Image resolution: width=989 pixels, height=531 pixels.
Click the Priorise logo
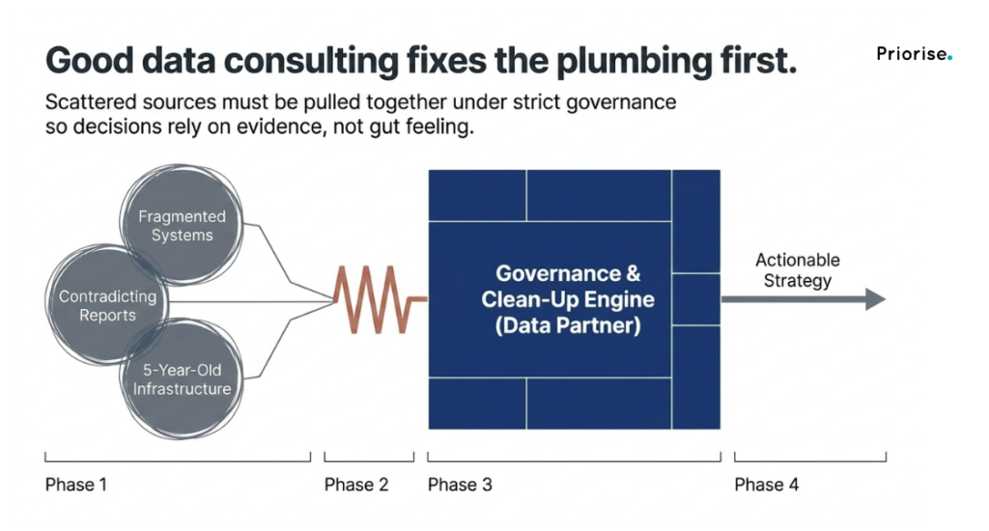(x=914, y=54)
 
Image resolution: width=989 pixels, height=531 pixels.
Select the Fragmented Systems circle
(x=182, y=225)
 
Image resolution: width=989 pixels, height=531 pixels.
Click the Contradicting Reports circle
(x=107, y=305)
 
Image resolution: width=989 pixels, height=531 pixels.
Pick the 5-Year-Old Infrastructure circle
(x=182, y=379)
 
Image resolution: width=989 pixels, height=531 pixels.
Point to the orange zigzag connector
(x=380, y=299)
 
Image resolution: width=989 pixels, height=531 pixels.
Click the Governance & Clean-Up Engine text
(x=568, y=287)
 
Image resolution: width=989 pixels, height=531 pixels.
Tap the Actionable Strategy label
(x=797, y=270)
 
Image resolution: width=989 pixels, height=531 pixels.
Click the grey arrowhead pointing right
(x=875, y=299)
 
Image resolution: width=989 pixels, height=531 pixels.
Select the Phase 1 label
(x=75, y=485)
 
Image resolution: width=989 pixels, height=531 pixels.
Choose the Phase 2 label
(x=355, y=485)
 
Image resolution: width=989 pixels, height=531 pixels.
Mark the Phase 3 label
(x=459, y=485)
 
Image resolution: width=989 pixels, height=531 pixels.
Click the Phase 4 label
(x=766, y=485)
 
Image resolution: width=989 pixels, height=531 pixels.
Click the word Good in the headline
(x=89, y=61)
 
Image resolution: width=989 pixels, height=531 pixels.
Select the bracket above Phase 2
(x=369, y=461)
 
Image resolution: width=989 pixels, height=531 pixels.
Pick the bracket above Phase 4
(x=810, y=461)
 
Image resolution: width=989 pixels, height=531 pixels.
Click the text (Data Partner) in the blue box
(x=568, y=326)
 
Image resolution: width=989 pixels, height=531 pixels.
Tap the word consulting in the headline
(x=312, y=62)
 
